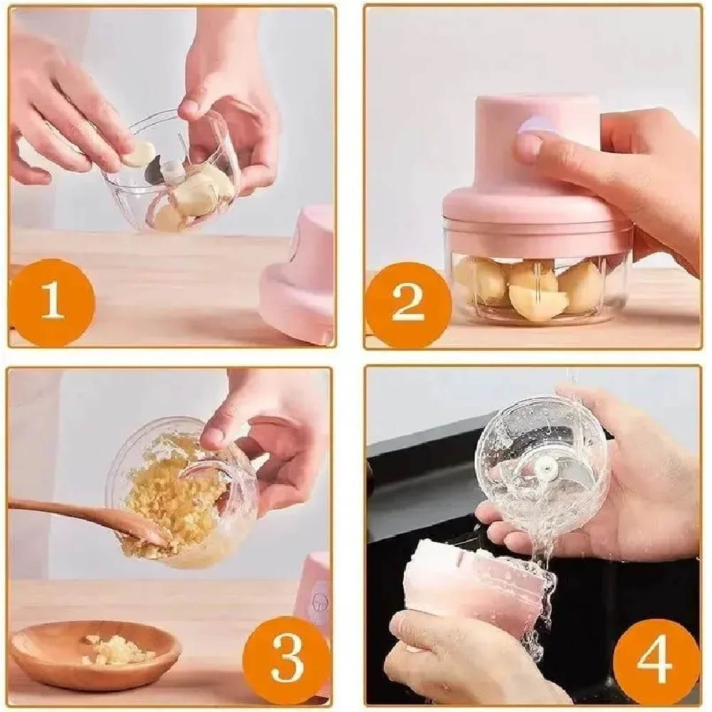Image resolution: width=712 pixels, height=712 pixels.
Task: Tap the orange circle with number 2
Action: pos(408,303)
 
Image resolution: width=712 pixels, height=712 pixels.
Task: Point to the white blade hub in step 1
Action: pos(174,170)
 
